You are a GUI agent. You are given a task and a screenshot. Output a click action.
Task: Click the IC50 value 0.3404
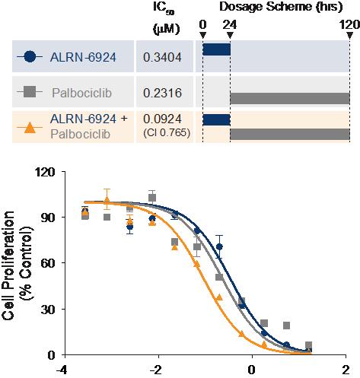click(x=162, y=57)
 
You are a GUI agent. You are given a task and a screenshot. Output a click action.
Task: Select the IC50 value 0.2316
click(x=162, y=93)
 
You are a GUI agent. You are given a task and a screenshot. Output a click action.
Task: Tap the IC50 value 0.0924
click(x=162, y=119)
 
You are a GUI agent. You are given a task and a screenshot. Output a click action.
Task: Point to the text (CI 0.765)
click(x=167, y=133)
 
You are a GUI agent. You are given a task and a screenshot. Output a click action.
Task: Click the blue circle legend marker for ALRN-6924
click(x=30, y=56)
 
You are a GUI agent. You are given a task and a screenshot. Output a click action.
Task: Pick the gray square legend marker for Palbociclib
click(x=30, y=92)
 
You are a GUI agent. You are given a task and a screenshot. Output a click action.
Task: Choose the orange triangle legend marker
click(x=30, y=128)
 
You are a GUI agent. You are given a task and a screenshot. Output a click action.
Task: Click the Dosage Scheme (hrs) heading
click(x=281, y=7)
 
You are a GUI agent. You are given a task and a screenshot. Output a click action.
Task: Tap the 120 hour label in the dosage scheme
click(x=350, y=25)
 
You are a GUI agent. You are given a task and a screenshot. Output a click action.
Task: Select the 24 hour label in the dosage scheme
click(x=230, y=25)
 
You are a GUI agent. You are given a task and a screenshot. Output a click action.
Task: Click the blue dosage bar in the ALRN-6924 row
click(x=216, y=49)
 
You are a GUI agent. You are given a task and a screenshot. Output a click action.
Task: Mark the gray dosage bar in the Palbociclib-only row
click(x=290, y=98)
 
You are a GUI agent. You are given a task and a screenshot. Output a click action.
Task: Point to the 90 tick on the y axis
click(x=48, y=218)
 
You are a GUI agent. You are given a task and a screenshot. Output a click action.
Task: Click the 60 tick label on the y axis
click(x=48, y=263)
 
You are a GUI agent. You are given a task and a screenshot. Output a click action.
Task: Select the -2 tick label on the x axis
click(x=156, y=370)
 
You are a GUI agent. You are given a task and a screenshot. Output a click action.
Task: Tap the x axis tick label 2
click(x=346, y=370)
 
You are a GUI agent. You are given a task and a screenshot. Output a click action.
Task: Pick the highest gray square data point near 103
click(x=152, y=198)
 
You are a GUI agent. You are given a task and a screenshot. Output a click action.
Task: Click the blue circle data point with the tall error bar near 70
click(x=219, y=246)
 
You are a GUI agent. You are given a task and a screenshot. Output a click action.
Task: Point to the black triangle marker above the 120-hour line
click(x=350, y=35)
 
